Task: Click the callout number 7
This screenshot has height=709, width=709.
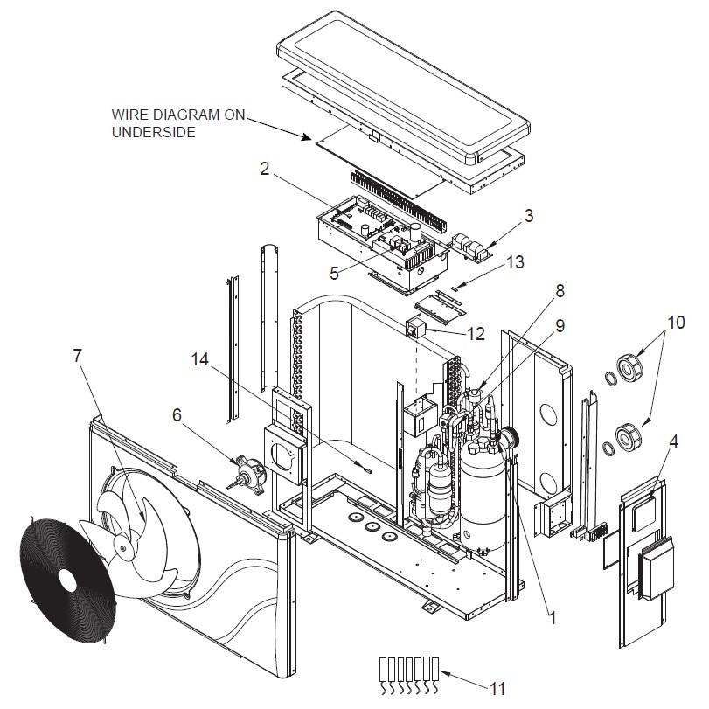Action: (77, 356)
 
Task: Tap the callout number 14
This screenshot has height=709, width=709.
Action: (200, 359)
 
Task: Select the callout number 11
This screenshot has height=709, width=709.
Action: (497, 689)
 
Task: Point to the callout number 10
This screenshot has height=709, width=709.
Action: (676, 323)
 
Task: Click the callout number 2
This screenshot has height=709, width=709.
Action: (265, 169)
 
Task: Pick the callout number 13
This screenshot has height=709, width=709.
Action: (515, 261)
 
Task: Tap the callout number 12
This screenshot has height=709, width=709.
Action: (476, 334)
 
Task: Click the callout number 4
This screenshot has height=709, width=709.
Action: (673, 441)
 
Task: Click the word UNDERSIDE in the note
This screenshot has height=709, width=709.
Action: (154, 132)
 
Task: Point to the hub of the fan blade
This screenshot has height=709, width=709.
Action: (123, 546)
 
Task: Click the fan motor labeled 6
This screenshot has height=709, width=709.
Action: (247, 474)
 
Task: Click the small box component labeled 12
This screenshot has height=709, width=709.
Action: (414, 326)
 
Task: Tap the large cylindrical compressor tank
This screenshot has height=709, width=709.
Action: (483, 494)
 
